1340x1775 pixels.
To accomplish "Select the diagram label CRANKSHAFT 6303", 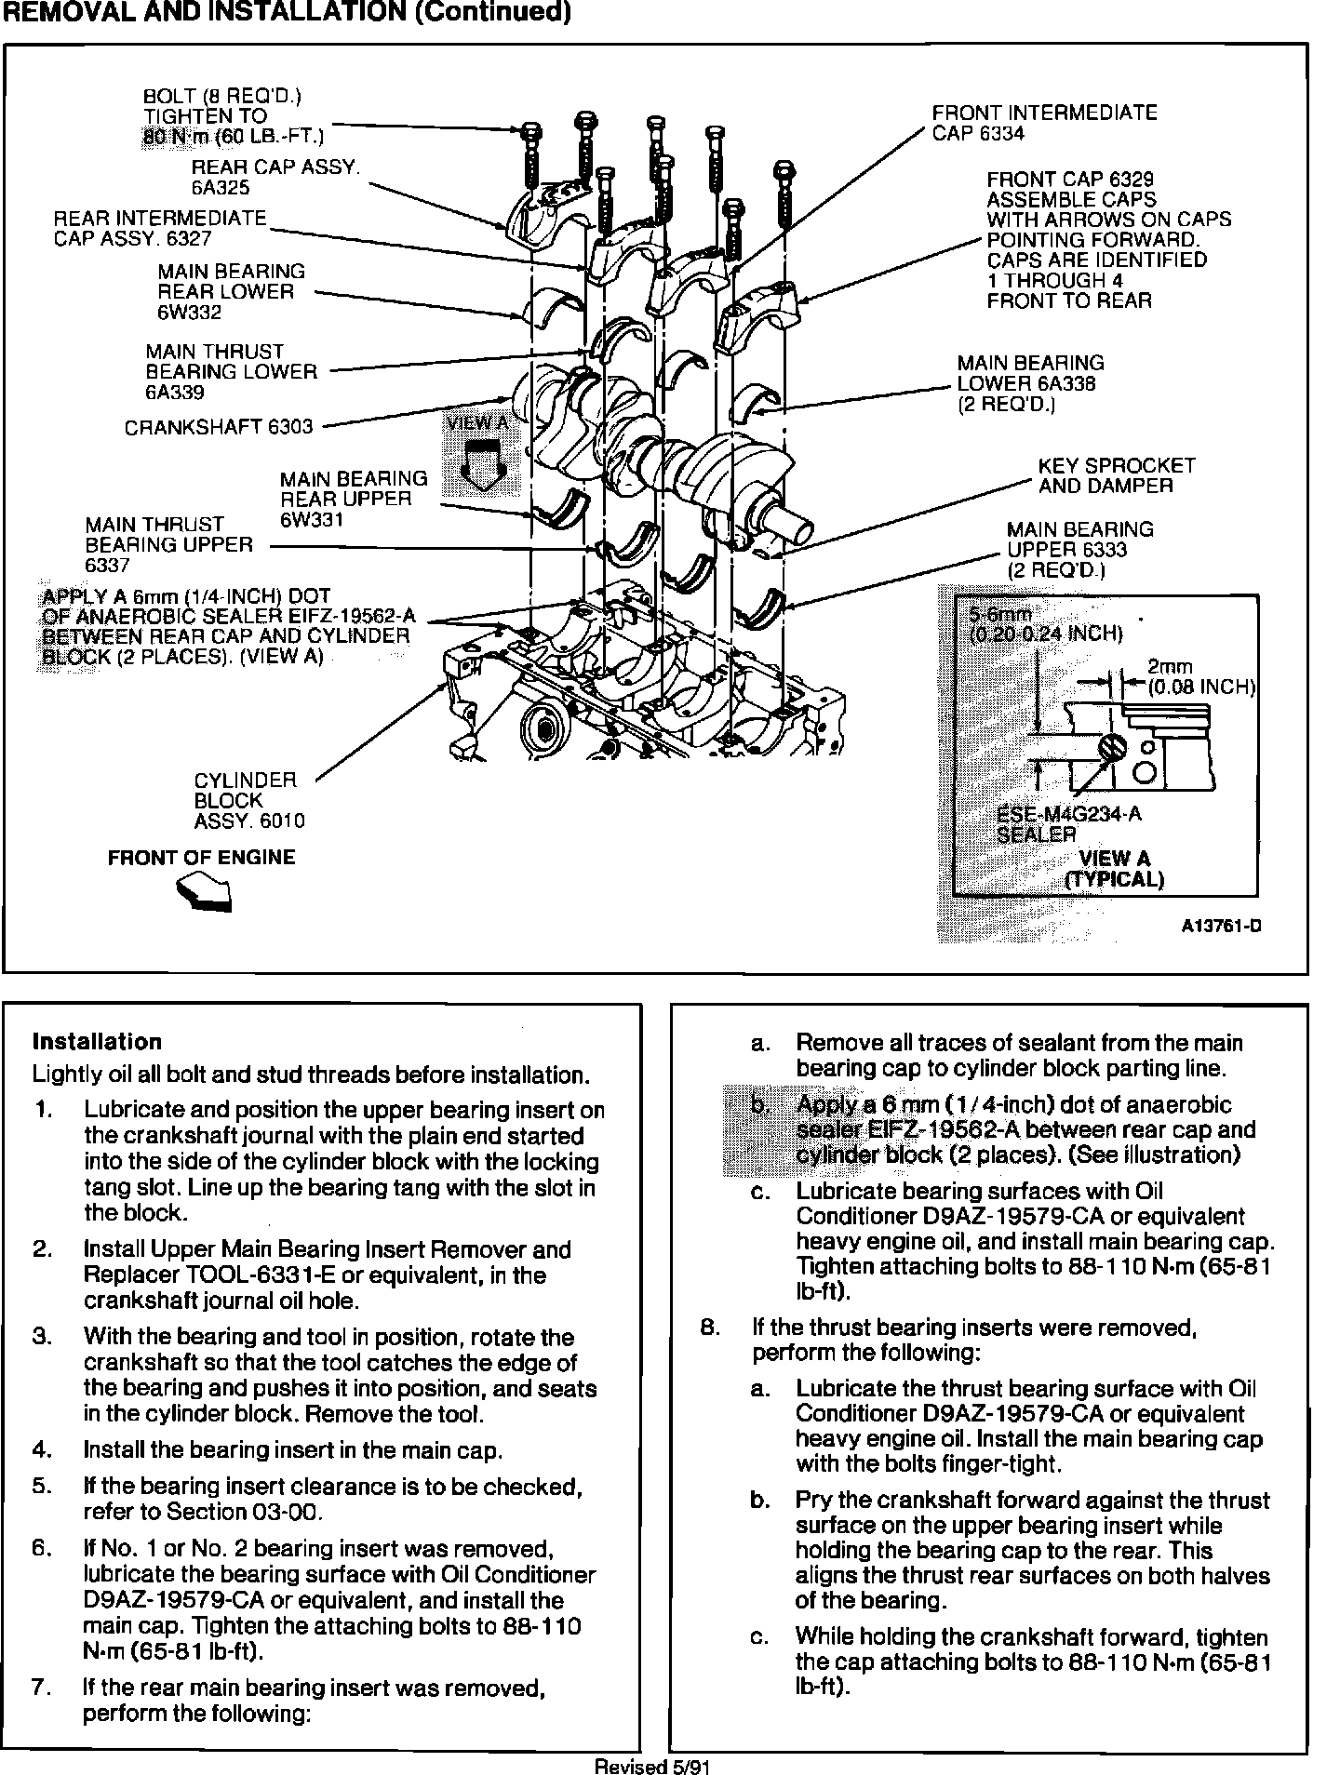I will click(x=219, y=427).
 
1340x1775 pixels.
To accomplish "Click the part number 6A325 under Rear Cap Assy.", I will click(x=221, y=188).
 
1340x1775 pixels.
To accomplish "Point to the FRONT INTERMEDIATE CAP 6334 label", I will click(x=1044, y=123).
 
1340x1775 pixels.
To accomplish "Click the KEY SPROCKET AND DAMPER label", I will click(x=1116, y=475).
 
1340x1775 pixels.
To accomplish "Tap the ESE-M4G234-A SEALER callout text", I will click(x=1068, y=824).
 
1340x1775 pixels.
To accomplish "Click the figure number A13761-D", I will click(x=1221, y=927).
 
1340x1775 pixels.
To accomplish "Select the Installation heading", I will click(x=97, y=1042).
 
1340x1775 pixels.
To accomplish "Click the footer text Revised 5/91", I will click(x=652, y=1766).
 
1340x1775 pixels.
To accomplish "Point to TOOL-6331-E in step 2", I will click(x=252, y=1275).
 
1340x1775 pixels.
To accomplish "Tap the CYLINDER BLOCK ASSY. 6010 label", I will click(x=248, y=800).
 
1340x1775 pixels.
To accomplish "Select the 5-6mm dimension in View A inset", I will click(x=999, y=615).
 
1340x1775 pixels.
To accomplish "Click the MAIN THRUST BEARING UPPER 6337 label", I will click(x=168, y=544).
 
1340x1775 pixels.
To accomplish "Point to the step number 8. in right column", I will click(x=711, y=1327).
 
